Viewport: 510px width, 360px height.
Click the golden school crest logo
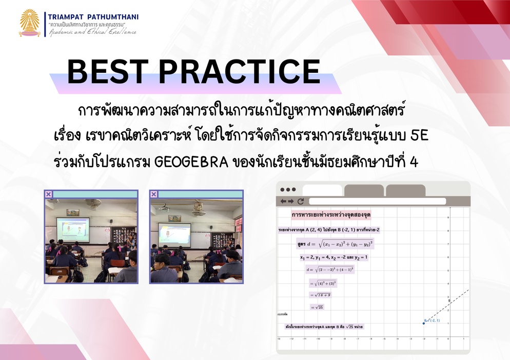[30, 23]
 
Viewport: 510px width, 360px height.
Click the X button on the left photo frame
[48, 194]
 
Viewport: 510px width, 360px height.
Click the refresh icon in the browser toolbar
[301, 202]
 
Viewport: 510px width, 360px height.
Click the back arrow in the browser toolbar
[283, 202]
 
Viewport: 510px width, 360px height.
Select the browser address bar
[377, 202]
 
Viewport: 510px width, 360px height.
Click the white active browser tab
[322, 190]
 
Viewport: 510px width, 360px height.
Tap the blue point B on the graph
[423, 323]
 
